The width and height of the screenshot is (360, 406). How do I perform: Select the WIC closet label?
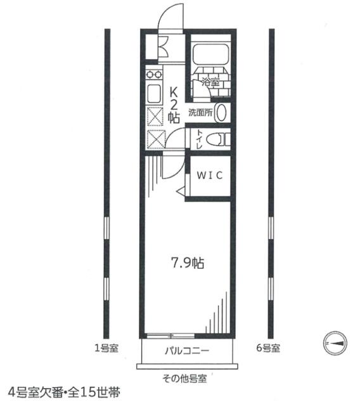208,176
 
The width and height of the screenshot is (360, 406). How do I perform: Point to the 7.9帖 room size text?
187,263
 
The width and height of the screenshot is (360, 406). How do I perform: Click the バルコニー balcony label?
188,351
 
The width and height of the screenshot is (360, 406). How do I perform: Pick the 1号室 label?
105,348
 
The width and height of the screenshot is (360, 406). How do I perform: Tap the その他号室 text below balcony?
188,379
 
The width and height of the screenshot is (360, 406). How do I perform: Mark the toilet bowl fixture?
217,139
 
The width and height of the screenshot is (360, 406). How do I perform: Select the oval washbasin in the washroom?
221,113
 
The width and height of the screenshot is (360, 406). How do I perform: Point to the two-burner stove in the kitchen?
153,74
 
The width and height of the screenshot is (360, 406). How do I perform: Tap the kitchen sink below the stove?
154,95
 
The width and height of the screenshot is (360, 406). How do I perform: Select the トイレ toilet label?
199,139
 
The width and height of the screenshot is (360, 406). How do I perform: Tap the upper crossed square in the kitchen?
154,117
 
